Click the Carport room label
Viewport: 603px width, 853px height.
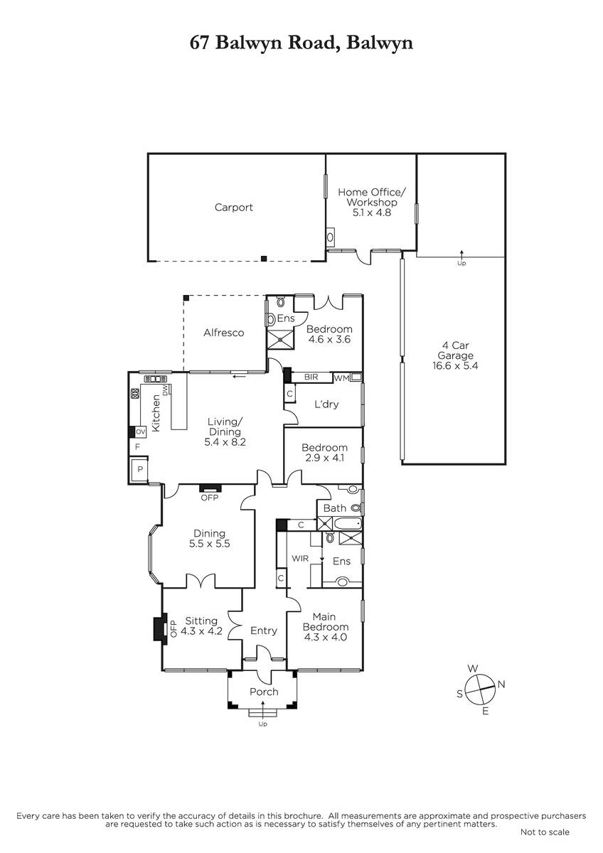coord(233,208)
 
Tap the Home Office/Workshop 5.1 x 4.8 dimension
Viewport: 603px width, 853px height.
coord(371,213)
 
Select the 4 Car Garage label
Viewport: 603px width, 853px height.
coord(455,350)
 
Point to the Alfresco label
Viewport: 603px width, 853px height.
coord(223,333)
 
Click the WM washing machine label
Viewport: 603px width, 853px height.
coord(341,378)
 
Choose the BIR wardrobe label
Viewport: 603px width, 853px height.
coord(311,377)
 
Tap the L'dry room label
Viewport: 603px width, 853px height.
coord(326,404)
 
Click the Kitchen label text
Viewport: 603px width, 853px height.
coord(156,413)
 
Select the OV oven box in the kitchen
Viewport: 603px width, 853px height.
coord(141,432)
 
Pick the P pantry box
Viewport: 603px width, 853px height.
coord(140,470)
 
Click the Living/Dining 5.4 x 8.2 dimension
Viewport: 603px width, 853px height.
coord(225,442)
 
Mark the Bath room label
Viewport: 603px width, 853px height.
coord(334,508)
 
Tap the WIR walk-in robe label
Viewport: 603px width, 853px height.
coord(300,559)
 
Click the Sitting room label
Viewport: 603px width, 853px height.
coord(201,621)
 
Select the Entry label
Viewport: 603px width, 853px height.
coord(264,631)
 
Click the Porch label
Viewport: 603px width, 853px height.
coord(264,692)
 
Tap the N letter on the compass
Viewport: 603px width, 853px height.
coord(501,685)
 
